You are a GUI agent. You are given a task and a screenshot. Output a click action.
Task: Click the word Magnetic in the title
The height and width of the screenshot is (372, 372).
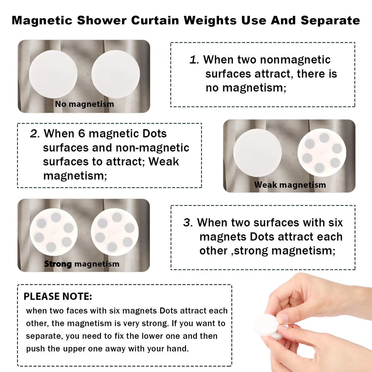[x=42, y=20]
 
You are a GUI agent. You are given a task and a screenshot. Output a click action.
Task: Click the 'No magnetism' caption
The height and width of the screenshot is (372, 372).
[x=84, y=104]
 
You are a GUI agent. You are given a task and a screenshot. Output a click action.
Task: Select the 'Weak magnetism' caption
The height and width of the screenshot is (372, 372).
[x=290, y=185]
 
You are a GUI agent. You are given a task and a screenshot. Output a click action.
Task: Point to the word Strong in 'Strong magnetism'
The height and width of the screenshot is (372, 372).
[x=58, y=264]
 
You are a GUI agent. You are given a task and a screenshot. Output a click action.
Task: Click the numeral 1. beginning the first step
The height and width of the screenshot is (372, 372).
[x=194, y=60]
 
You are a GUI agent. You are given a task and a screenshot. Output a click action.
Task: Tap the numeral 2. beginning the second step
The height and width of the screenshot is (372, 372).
[x=35, y=134]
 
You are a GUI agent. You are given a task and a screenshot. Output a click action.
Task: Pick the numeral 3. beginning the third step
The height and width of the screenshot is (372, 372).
[x=188, y=223]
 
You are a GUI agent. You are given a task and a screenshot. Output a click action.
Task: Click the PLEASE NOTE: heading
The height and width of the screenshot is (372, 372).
[x=58, y=296]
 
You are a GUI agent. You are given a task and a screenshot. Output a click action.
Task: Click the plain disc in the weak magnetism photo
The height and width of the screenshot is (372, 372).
[x=257, y=153]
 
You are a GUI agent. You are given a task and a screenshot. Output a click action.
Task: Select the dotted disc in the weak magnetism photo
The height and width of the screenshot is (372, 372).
[x=322, y=153]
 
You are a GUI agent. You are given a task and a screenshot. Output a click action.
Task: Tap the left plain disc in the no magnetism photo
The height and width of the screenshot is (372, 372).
[x=53, y=74]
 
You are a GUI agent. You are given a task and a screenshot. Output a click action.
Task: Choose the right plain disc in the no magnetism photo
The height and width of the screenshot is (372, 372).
[x=116, y=74]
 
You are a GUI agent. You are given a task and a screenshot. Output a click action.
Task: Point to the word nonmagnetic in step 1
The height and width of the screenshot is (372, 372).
[x=295, y=60]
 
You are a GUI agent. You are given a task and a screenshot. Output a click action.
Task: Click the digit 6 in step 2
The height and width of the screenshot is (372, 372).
[x=82, y=134]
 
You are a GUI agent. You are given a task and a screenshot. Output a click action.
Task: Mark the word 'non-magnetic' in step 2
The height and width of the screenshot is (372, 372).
[x=152, y=148]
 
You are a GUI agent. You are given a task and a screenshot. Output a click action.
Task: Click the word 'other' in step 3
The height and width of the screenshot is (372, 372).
[x=213, y=251]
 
